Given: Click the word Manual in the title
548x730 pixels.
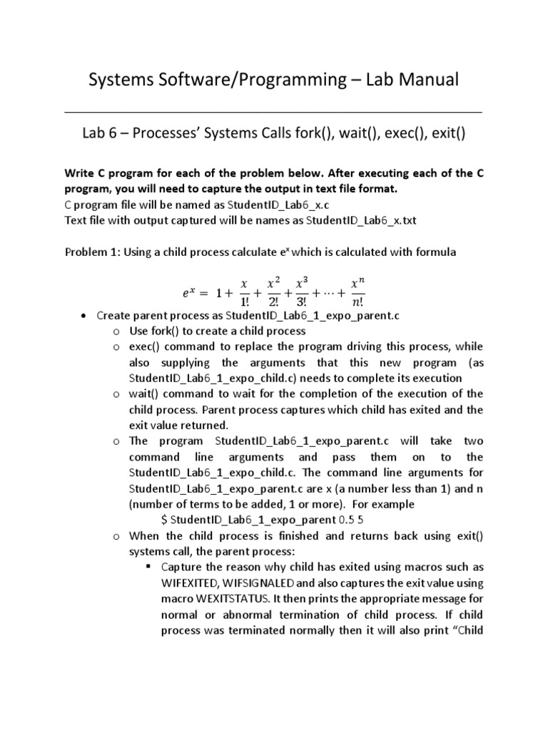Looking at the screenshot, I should click(421, 80).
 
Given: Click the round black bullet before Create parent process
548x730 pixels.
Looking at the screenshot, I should click(85, 315).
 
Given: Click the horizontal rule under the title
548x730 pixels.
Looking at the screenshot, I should click(273, 112).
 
